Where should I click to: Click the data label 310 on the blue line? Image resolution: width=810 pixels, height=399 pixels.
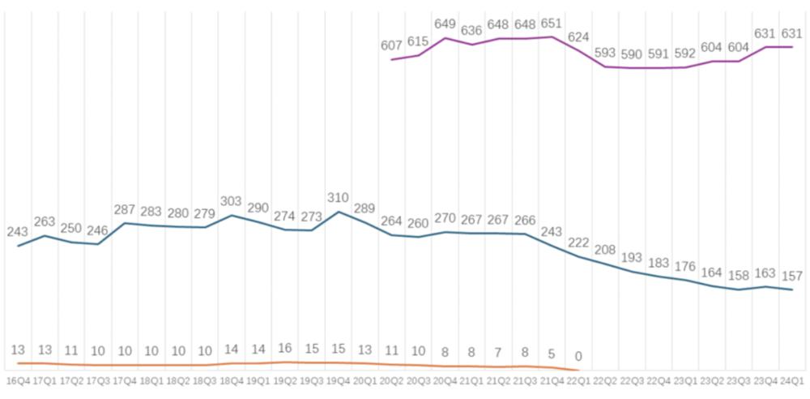[x=339, y=197]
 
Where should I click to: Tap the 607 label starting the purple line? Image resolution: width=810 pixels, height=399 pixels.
[x=391, y=45]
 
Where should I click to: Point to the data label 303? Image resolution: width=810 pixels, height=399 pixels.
[x=232, y=200]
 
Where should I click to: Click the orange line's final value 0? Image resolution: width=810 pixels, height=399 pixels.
[x=578, y=356]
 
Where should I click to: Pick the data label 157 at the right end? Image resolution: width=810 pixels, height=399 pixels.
[x=791, y=276]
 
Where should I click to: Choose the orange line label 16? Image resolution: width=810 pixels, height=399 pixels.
[x=285, y=349]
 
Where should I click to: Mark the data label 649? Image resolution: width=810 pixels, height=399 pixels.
[x=446, y=24]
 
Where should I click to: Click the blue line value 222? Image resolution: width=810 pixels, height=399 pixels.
[x=578, y=243]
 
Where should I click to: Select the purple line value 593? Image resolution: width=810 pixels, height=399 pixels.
[x=605, y=53]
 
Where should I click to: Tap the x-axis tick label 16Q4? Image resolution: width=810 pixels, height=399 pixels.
[x=18, y=380]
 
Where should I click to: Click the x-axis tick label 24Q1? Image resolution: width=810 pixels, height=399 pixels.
[x=791, y=380]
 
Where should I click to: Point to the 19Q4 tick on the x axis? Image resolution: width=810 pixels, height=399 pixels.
[x=339, y=380]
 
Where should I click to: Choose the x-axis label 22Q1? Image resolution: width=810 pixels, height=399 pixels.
[x=578, y=380]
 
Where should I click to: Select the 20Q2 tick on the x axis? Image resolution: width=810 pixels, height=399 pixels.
[x=392, y=380]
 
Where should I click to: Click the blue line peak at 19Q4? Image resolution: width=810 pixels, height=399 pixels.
[x=339, y=212]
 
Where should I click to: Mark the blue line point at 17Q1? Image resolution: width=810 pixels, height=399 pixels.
[x=45, y=236]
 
